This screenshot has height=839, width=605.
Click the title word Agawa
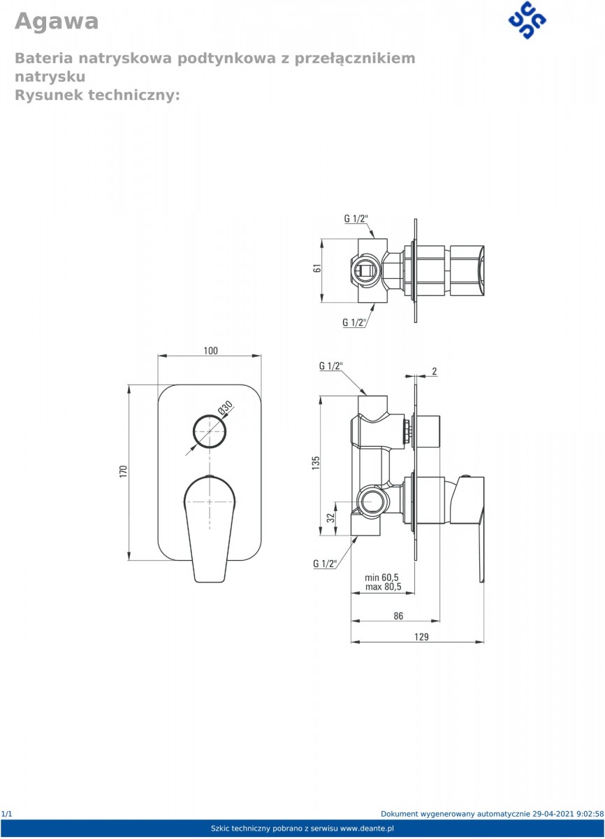57,21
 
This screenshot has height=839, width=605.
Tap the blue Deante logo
527,20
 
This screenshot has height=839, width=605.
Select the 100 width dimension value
211,350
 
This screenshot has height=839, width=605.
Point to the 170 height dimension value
124,471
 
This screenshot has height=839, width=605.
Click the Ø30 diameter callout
225,408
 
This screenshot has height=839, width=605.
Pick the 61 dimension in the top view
317,268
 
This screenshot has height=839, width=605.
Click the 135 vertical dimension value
316,463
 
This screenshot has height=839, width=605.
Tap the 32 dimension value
330,518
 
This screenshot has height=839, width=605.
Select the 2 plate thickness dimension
435,371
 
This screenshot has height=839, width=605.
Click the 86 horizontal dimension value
398,616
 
